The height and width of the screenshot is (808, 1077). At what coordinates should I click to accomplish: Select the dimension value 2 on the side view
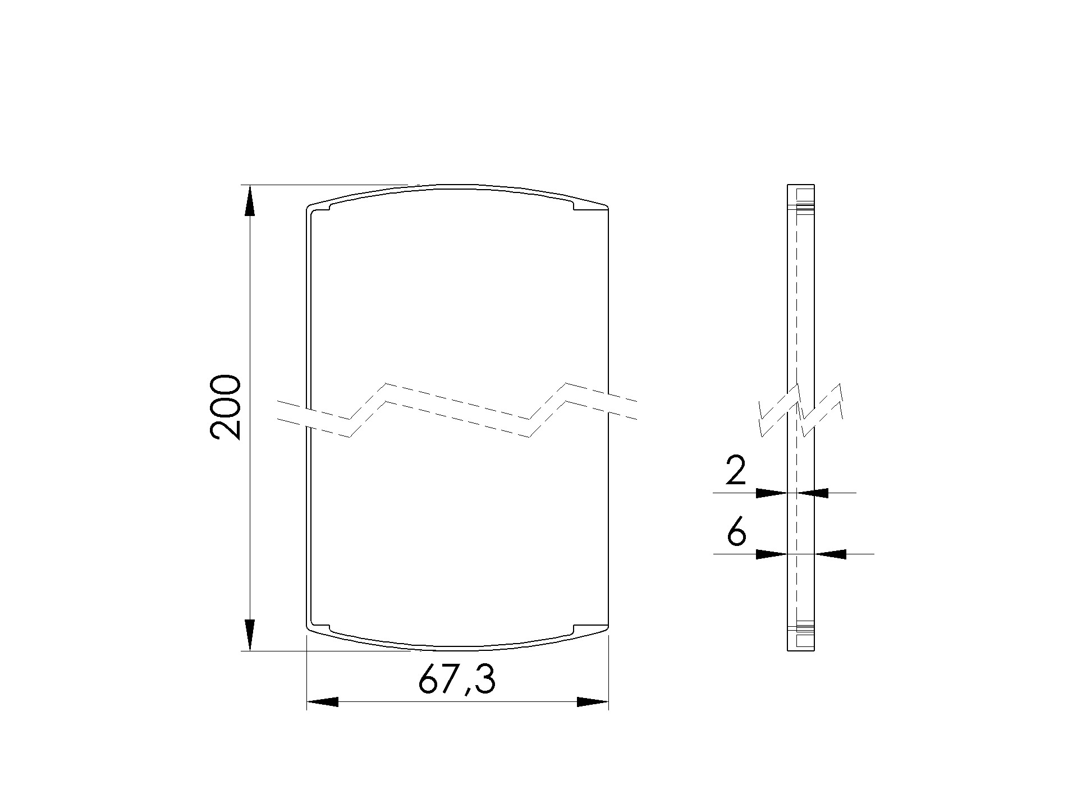736,471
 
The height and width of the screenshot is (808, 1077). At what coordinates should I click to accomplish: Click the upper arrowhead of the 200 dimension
250,201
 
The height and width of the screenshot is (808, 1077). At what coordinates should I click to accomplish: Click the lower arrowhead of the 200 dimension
250,635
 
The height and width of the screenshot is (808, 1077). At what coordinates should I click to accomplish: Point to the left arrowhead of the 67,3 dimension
323,702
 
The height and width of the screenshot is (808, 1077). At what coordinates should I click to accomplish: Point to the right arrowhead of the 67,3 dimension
593,702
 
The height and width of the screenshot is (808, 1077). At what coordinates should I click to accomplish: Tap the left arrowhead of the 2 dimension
772,493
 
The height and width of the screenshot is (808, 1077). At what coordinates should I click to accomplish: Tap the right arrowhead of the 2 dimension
813,493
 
